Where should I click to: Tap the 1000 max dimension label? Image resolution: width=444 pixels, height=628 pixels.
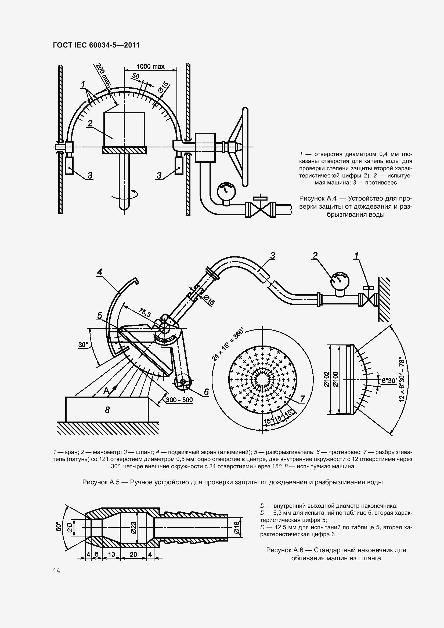tap(150, 67)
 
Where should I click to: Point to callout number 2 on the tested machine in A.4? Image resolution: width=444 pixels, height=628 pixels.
tap(90, 124)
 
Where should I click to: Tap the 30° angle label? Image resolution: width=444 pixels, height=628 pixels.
tap(83, 345)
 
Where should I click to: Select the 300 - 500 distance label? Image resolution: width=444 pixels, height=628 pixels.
tap(179, 400)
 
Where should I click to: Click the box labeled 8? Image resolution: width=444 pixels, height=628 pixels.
tap(107, 410)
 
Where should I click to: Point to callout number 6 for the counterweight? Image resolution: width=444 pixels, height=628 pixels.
tap(206, 392)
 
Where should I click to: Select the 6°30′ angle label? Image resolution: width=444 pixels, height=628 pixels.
tap(389, 380)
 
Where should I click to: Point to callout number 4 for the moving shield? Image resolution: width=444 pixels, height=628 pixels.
tap(100, 272)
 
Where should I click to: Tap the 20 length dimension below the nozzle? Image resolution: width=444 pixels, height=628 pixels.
tap(133, 554)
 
